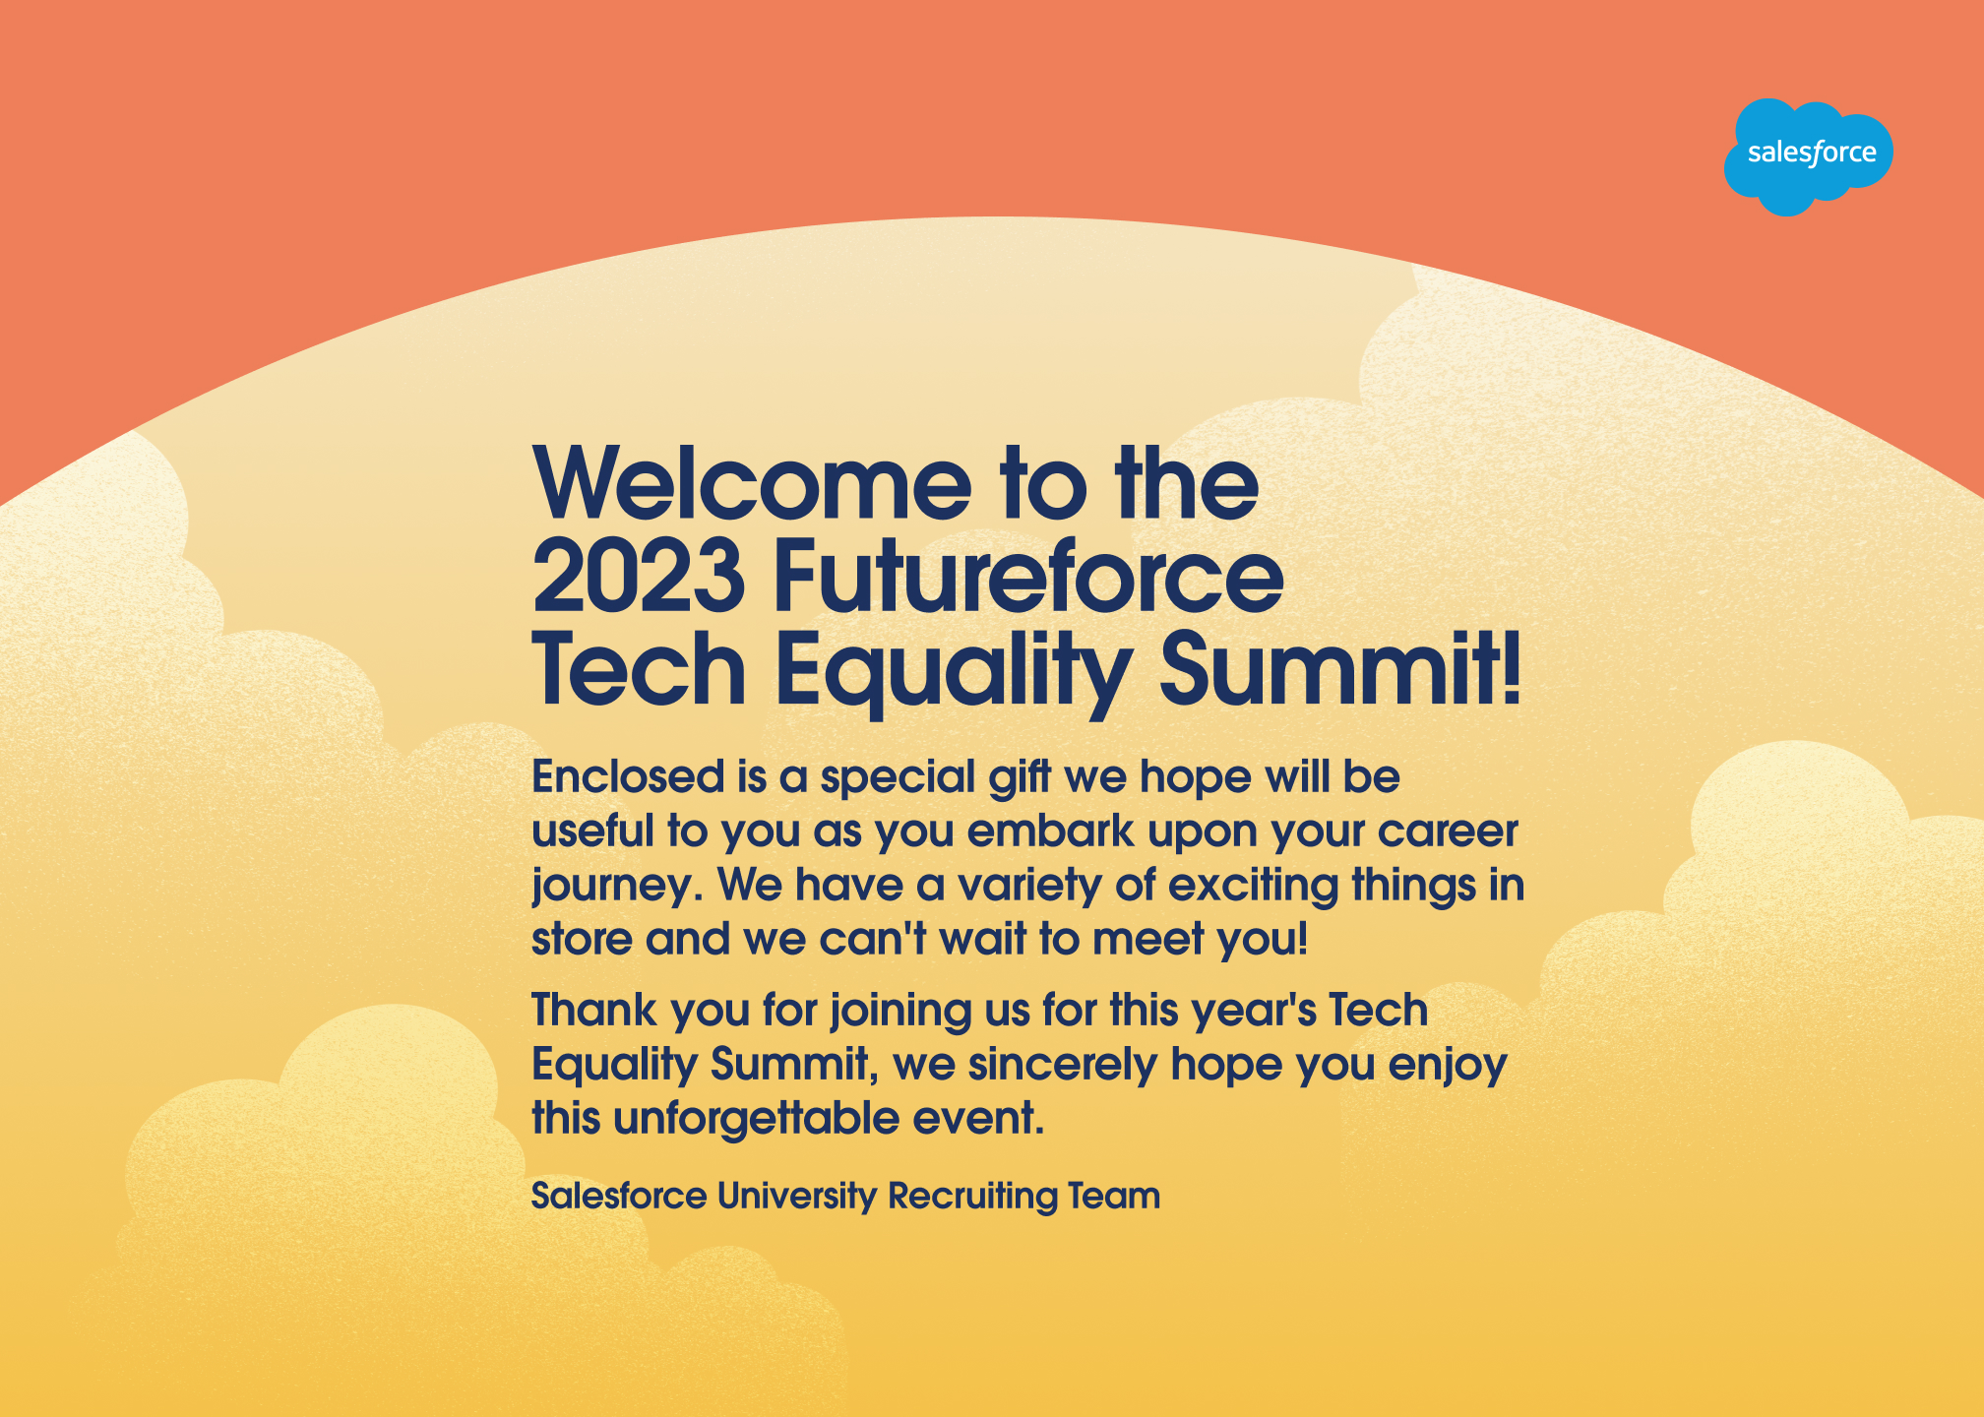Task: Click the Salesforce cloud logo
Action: tap(1808, 155)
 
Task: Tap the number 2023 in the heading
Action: tap(639, 576)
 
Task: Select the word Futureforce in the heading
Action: tap(1028, 575)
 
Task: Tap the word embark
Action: tap(1050, 831)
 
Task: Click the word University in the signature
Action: tap(796, 1197)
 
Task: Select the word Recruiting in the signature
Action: tap(971, 1197)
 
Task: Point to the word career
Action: tap(1448, 832)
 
